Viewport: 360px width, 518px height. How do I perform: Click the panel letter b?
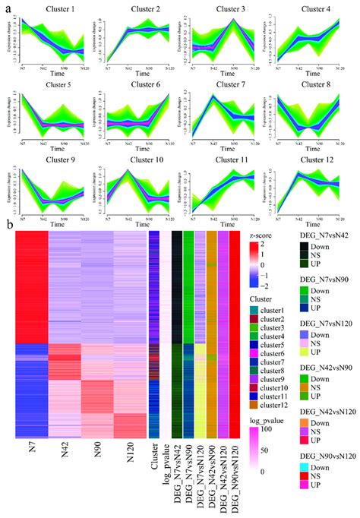tap(8, 226)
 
